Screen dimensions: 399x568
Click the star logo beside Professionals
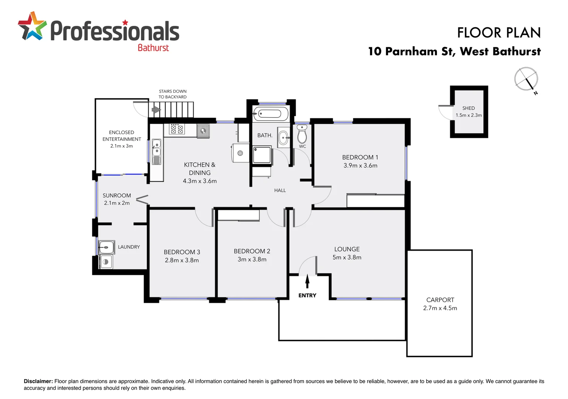32,26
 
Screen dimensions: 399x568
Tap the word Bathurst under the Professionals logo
153,48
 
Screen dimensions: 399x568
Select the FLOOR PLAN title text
499,33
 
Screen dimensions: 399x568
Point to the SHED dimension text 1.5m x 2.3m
468,115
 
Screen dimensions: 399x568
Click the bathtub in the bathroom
270,113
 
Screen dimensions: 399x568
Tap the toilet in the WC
302,134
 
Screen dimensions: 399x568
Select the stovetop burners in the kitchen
177,129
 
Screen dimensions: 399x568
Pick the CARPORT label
440,300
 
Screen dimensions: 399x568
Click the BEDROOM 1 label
360,157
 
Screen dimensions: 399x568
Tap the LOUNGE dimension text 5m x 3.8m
347,258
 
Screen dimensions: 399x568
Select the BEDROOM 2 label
252,251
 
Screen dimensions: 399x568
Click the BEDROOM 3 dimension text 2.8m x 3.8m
182,260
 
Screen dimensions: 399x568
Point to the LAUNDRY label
129,247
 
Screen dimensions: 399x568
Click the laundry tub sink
106,247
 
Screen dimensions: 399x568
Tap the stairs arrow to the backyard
156,110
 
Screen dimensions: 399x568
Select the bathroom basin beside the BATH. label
284,138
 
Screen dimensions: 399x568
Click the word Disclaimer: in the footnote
38,381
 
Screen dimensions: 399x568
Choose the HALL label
280,190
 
